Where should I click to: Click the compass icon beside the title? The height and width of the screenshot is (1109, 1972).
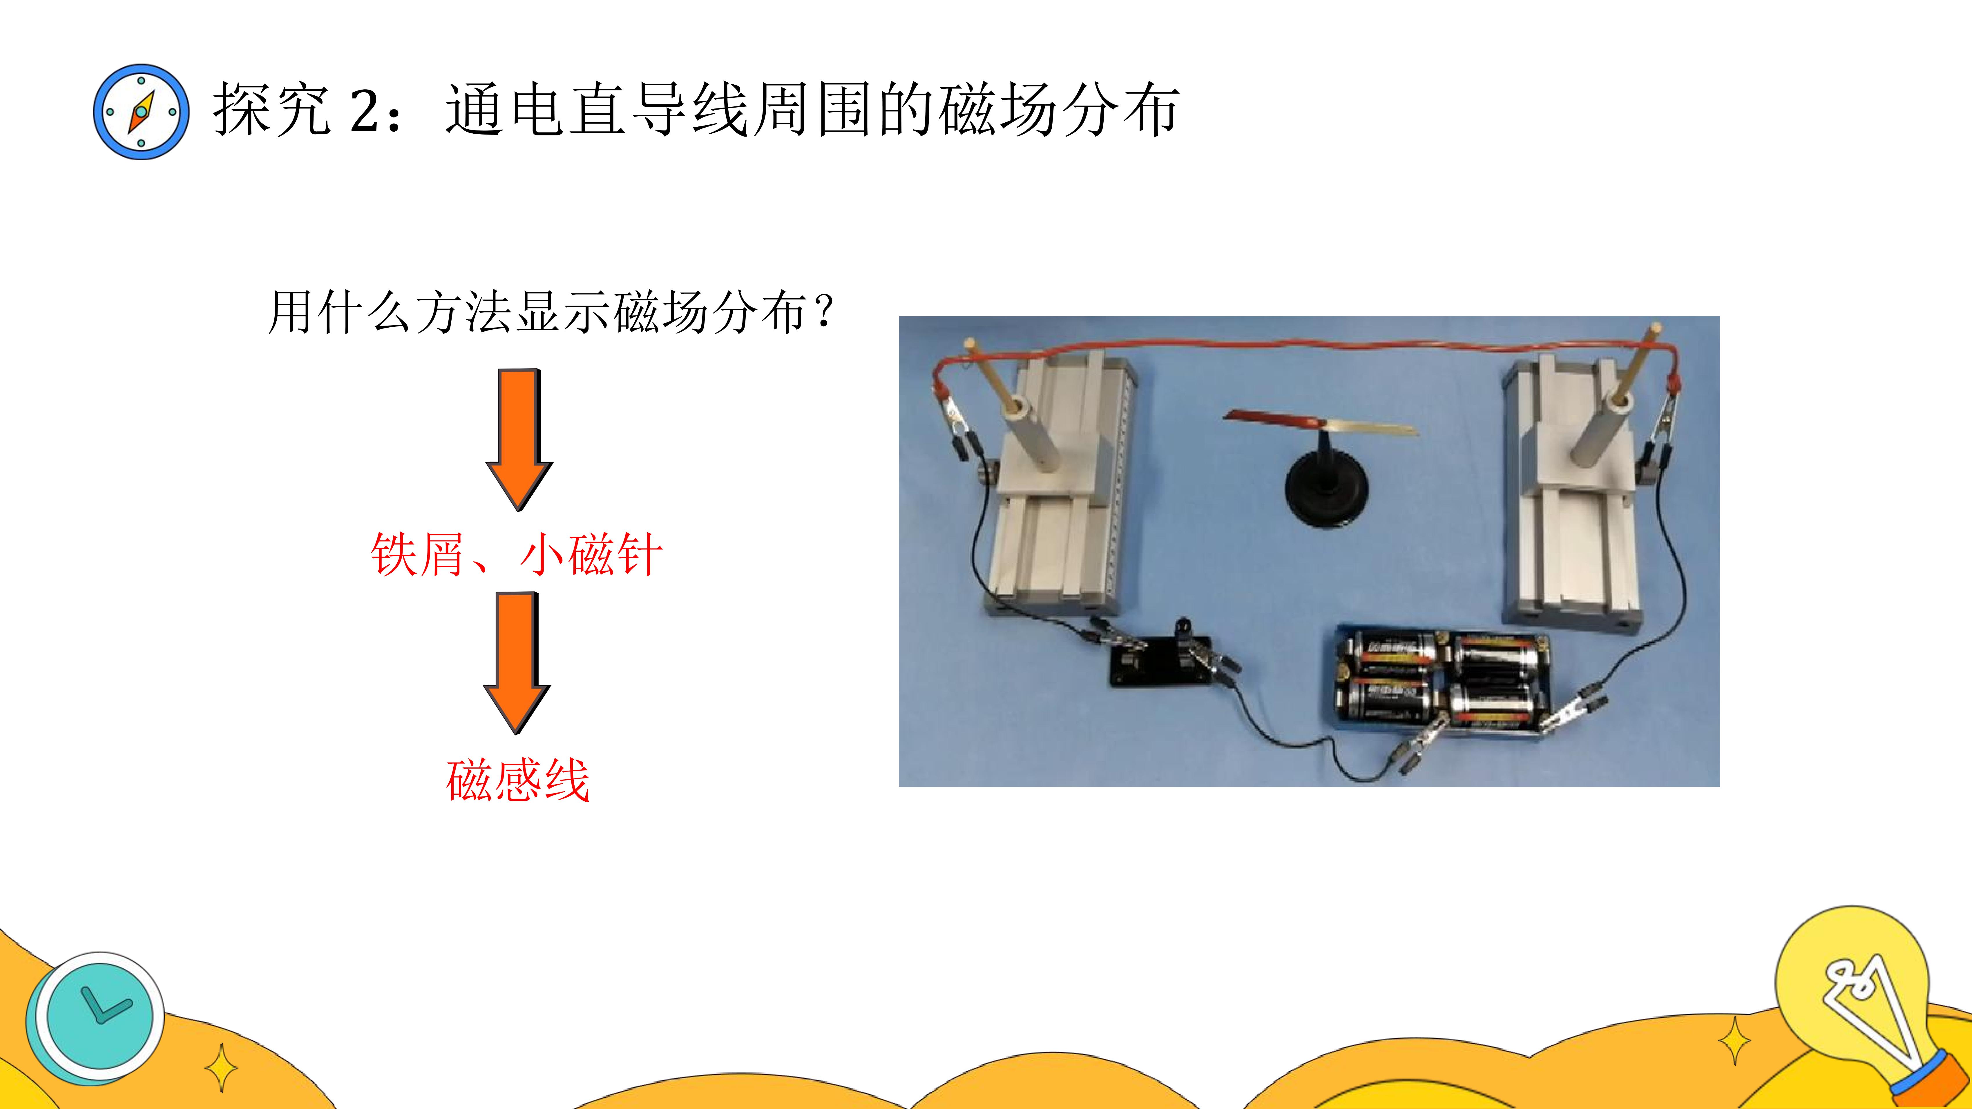point(141,112)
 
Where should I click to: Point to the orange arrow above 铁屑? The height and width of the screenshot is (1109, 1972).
point(519,439)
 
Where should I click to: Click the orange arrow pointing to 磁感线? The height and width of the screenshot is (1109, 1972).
point(517,663)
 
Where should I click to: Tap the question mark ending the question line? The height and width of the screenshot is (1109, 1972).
point(825,311)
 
